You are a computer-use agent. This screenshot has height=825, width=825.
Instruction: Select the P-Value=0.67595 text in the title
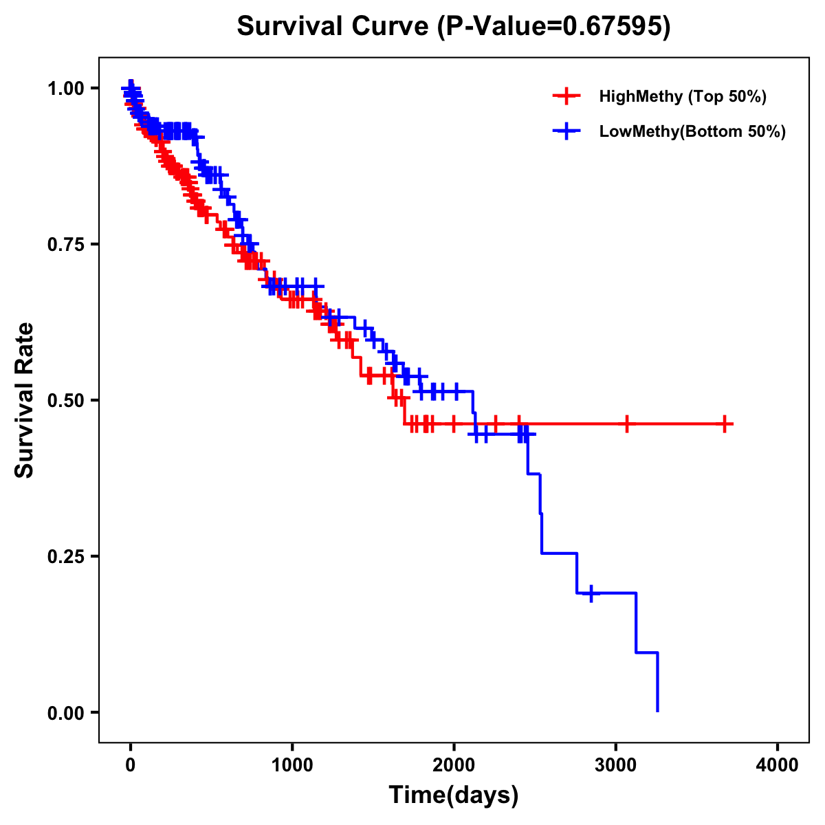click(x=555, y=26)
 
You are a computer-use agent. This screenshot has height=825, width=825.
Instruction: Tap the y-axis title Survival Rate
click(x=25, y=399)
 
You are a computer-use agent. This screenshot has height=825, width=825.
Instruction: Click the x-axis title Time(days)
click(x=454, y=795)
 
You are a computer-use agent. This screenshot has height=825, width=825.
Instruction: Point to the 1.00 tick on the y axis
click(x=66, y=88)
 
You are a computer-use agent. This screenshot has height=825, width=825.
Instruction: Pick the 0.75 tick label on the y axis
click(x=66, y=244)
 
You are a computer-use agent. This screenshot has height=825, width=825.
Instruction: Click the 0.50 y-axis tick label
click(x=66, y=400)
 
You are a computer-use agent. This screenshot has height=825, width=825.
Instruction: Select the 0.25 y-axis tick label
click(x=66, y=556)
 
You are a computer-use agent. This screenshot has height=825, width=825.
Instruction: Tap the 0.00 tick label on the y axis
click(x=66, y=712)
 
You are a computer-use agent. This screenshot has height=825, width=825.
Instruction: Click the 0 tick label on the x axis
click(x=131, y=765)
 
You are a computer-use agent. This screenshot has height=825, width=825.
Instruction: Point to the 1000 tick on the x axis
click(x=292, y=765)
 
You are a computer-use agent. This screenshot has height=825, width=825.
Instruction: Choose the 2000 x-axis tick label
click(x=454, y=765)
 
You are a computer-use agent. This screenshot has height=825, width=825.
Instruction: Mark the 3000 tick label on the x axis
click(x=616, y=765)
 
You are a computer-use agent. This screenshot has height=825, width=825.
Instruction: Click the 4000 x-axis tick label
click(x=778, y=765)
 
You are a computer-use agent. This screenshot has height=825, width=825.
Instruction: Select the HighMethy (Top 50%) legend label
click(x=683, y=96)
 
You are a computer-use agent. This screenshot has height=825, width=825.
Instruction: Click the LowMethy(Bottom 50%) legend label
click(x=692, y=131)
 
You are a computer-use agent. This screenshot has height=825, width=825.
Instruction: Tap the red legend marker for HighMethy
click(x=566, y=96)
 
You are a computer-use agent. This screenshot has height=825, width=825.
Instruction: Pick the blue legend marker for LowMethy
click(x=566, y=131)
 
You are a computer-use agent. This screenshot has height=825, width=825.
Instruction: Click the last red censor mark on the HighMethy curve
click(x=725, y=424)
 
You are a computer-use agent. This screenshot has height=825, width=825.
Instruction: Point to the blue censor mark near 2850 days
click(x=591, y=593)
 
